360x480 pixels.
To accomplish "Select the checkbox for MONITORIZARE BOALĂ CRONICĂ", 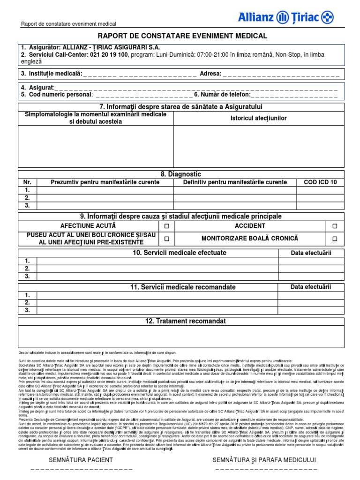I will [335, 239].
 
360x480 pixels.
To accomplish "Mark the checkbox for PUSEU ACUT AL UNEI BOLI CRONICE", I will [166, 239].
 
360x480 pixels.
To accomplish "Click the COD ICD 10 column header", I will [320, 182].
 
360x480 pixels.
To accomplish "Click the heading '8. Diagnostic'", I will [180, 174].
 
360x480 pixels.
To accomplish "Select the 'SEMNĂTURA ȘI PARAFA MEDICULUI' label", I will [264, 459].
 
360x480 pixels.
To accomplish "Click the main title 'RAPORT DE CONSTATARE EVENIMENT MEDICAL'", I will [182, 36].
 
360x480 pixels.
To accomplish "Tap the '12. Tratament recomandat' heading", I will [180, 321].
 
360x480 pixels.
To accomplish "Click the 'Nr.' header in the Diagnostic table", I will [28, 182].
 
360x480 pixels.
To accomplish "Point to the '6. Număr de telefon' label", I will [222, 95].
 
